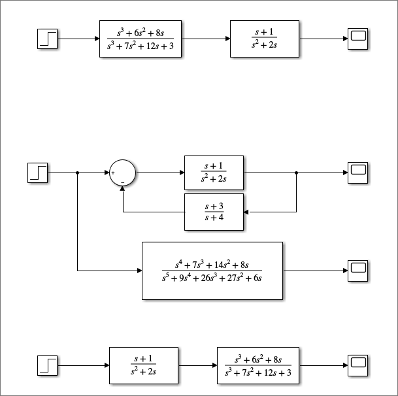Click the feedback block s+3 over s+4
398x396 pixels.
pyautogui.click(x=214, y=212)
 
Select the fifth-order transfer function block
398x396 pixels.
pyautogui.click(x=212, y=271)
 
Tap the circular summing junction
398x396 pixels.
pyautogui.click(x=122, y=173)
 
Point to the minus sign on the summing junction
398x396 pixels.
pyautogui.click(x=122, y=182)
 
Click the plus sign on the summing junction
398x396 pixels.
pyautogui.click(x=113, y=173)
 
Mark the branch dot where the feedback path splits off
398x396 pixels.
pyautogui.click(x=297, y=173)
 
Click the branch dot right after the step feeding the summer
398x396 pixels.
pyautogui.click(x=78, y=173)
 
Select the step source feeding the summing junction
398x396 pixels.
pyautogui.click(x=38, y=173)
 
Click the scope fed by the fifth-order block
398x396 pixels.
pyautogui.click(x=358, y=271)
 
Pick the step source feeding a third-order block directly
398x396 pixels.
pyautogui.click(x=48, y=39)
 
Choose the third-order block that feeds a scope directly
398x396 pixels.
pyautogui.click(x=257, y=366)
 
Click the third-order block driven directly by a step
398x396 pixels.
pyautogui.click(x=141, y=39)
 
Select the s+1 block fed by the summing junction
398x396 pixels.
pyautogui.click(x=214, y=173)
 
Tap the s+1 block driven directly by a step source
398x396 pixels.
pyautogui.click(x=143, y=366)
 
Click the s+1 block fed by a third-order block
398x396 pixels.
pyautogui.click(x=265, y=39)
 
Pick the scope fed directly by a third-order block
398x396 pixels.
pyautogui.click(x=358, y=366)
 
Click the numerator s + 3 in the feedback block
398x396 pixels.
pyautogui.click(x=214, y=206)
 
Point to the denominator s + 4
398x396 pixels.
pyautogui.click(x=214, y=218)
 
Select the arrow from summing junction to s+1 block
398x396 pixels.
pyautogui.click(x=160, y=173)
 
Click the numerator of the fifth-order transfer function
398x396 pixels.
pyautogui.click(x=212, y=265)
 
